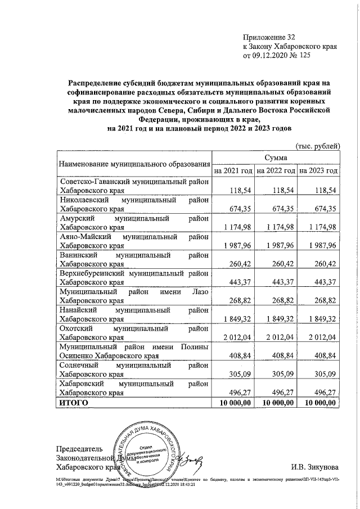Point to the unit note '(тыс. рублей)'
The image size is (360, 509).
[x=318, y=146]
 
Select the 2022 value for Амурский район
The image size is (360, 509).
[x=278, y=227]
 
